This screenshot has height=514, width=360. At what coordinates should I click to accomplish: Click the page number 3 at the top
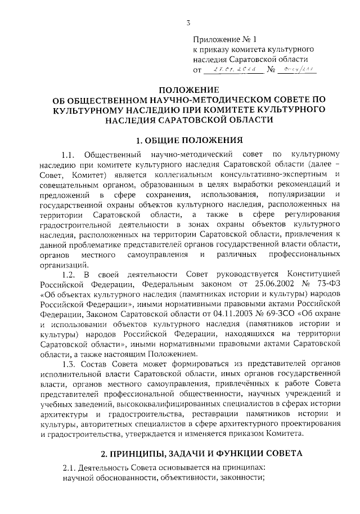point(189,23)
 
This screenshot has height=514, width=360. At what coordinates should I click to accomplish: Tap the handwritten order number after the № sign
point(298,69)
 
